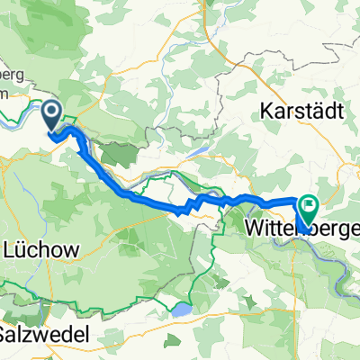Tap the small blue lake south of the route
pos(182,309)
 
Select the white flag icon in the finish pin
pos(308,206)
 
